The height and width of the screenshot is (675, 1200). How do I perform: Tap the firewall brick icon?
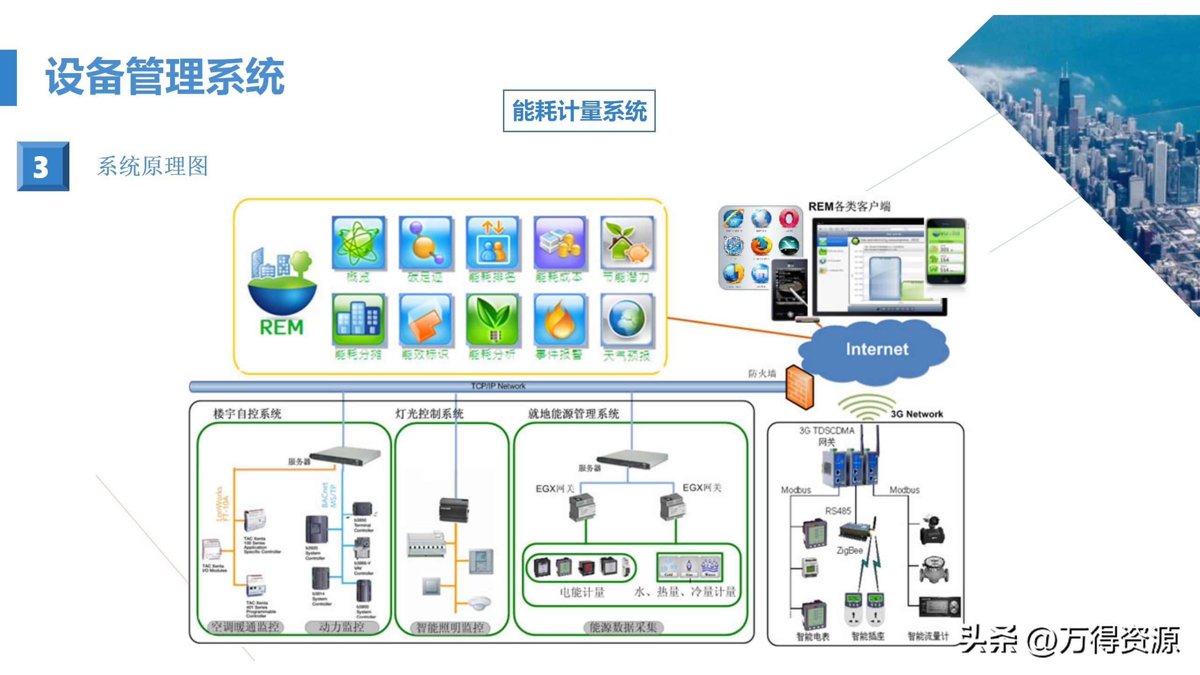tap(800, 387)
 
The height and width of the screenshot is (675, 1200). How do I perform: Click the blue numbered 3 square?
tap(43, 166)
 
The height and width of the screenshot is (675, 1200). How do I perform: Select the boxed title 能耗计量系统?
tap(579, 111)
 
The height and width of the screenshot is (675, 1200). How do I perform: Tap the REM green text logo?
tap(281, 327)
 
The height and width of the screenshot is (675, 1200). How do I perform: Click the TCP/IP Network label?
tap(498, 386)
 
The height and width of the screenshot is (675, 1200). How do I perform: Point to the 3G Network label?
tap(916, 414)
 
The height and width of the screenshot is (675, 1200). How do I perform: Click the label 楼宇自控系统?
tap(247, 414)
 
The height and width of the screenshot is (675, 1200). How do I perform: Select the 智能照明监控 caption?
tap(450, 627)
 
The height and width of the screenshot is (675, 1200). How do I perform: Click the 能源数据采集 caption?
tap(623, 627)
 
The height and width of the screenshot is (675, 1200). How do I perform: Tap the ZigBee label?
tap(849, 550)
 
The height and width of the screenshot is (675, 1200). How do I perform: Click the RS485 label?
tap(838, 511)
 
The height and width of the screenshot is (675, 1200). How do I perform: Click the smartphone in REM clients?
tap(946, 251)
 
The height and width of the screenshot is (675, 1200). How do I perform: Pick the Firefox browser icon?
tap(761, 246)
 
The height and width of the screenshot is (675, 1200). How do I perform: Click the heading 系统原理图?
tap(152, 166)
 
